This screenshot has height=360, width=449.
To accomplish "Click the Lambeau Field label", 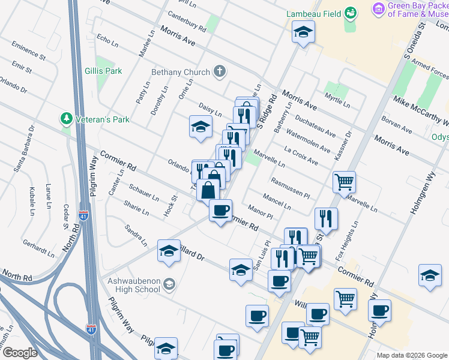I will (x=310, y=13).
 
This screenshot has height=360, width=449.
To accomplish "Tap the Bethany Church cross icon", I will (x=220, y=72).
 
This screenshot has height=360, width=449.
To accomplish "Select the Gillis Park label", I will (x=103, y=71).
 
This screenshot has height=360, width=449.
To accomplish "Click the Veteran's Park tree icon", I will (x=66, y=119).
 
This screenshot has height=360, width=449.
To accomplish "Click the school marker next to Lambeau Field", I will (x=304, y=32).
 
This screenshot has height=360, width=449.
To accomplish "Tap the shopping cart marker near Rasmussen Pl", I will (x=344, y=181).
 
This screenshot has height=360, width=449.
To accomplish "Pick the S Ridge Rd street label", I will (x=268, y=110).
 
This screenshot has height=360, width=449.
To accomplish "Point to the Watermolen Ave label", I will (x=307, y=140).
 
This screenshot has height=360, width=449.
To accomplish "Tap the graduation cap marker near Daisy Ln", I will (x=201, y=127).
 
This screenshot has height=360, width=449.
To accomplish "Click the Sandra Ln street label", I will (x=135, y=235).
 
